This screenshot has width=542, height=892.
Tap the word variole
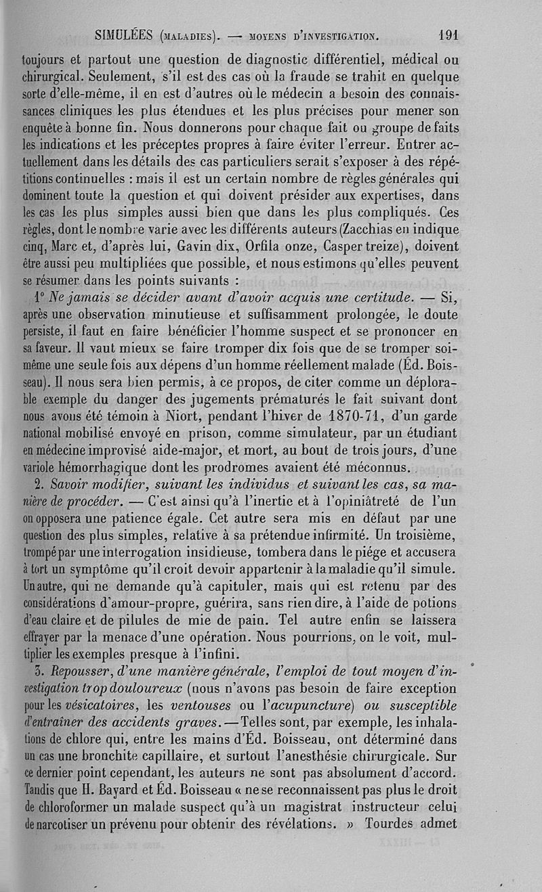pyautogui.click(x=38, y=468)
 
